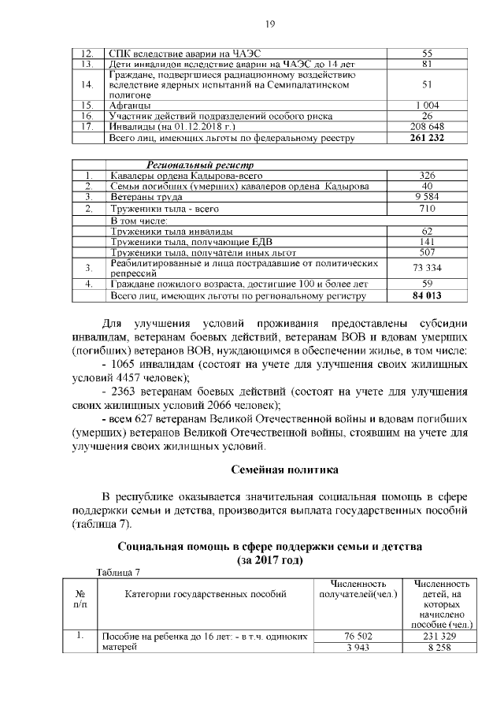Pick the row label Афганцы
pos(130,104)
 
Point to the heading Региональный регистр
pos(197,165)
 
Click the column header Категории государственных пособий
pos(206,593)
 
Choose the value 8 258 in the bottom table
pos(440,648)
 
